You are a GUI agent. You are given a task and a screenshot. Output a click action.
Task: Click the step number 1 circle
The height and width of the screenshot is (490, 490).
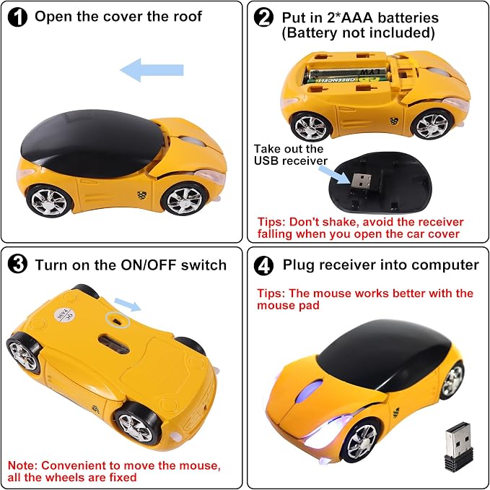[17, 17]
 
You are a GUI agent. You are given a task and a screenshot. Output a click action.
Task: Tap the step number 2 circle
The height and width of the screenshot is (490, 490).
[263, 17]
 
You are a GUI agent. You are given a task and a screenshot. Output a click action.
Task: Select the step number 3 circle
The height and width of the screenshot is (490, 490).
[17, 264]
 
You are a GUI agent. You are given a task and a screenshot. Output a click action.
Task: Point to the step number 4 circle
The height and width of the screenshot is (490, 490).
[263, 266]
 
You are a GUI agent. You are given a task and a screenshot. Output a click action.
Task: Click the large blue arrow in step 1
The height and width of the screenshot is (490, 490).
[152, 70]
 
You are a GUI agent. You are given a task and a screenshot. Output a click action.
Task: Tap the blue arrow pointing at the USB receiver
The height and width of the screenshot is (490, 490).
[334, 175]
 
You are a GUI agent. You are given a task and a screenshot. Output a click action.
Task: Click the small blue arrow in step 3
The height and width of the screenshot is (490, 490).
[128, 305]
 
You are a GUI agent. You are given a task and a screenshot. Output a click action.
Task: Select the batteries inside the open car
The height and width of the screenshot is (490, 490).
[348, 75]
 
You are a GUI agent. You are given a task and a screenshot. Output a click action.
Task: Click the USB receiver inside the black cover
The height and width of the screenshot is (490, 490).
[361, 181]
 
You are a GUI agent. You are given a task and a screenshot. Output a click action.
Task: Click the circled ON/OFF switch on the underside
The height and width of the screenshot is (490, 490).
[118, 319]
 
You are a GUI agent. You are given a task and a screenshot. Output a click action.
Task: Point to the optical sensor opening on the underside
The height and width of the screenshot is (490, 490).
[114, 343]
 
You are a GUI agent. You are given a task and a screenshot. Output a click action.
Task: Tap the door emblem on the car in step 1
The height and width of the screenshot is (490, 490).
[141, 195]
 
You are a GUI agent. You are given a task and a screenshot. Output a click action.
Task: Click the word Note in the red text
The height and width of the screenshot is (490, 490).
[21, 465]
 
